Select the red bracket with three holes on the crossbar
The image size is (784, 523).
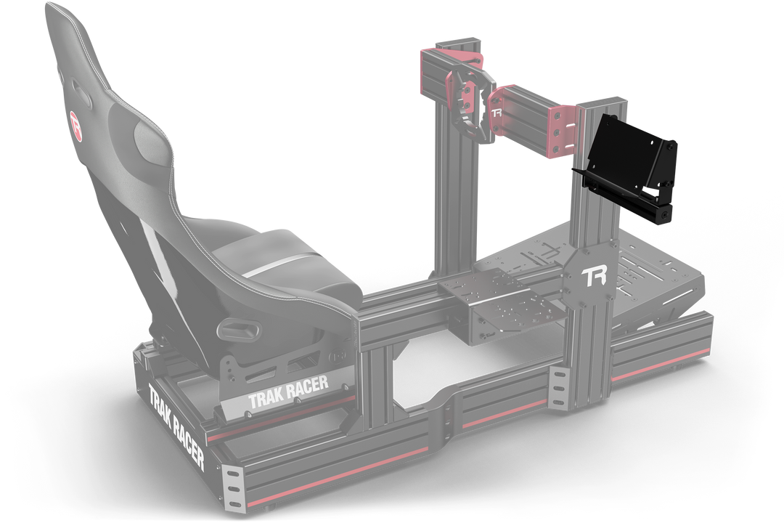pos(563,131)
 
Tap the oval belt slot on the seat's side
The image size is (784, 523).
pos(242,331)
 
